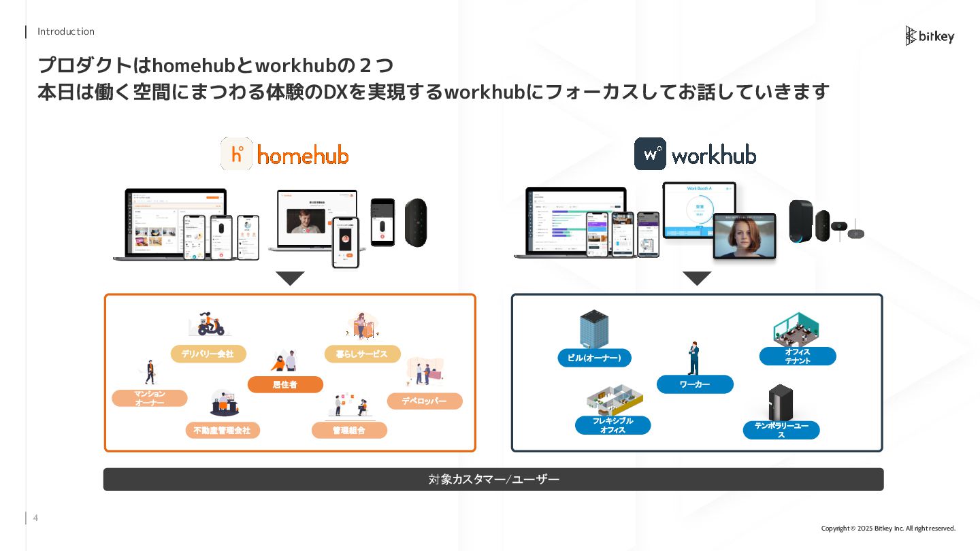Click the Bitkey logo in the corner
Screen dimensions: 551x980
tap(929, 36)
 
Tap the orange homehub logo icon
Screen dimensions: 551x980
tap(236, 154)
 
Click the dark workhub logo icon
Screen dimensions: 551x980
tap(650, 154)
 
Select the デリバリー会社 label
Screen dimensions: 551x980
tap(208, 354)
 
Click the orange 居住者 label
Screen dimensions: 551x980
tap(285, 385)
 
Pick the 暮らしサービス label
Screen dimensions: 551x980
tap(361, 354)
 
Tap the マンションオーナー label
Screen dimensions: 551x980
tap(150, 399)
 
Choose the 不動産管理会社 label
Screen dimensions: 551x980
tap(222, 431)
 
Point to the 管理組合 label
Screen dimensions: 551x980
tap(349, 431)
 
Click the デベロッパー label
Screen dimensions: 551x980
tap(424, 401)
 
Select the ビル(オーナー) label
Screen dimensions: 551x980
tap(594, 358)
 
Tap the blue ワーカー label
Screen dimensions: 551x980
tap(695, 384)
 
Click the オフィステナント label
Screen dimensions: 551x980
tap(798, 356)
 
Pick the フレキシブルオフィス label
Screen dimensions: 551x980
tap(612, 425)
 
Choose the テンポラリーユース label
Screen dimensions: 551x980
tap(781, 430)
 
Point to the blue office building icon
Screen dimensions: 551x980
tap(593, 329)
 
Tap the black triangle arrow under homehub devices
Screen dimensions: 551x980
tap(291, 278)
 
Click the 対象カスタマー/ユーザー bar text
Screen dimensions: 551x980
tap(493, 480)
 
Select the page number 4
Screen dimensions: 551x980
tap(35, 518)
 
